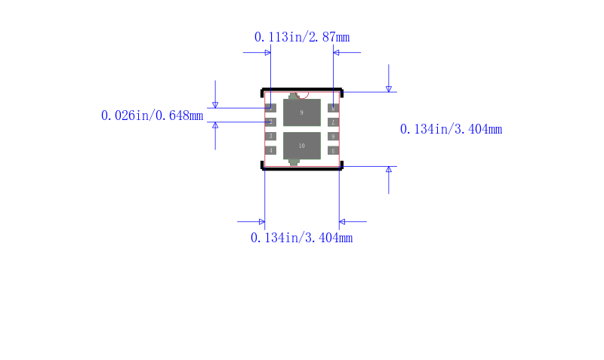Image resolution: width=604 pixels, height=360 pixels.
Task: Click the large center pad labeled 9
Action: click(x=302, y=112)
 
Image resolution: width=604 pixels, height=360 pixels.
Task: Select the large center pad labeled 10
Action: click(x=302, y=145)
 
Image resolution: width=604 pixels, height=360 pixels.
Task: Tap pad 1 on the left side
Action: click(x=270, y=108)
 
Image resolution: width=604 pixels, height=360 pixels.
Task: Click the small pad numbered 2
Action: click(x=270, y=122)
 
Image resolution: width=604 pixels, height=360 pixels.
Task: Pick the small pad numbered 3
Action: click(x=270, y=137)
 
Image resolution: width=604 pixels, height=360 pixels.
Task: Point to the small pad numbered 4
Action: click(x=270, y=150)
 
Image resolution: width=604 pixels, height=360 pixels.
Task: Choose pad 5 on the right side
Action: click(x=333, y=150)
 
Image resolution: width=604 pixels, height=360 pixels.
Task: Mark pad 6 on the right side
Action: click(x=333, y=137)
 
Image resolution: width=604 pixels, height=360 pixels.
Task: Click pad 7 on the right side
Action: click(x=333, y=122)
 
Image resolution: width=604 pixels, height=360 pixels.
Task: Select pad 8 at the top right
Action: click(x=333, y=108)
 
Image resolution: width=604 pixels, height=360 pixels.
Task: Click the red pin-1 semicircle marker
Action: click(x=304, y=96)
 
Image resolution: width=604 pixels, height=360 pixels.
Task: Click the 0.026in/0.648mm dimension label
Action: click(x=152, y=115)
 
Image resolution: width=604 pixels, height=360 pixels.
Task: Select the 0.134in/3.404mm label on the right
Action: click(x=451, y=129)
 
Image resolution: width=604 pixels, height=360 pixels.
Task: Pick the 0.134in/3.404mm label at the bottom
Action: click(x=302, y=238)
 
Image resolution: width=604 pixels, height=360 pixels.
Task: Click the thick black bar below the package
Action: click(x=302, y=169)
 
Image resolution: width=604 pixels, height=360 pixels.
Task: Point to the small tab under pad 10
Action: click(x=294, y=162)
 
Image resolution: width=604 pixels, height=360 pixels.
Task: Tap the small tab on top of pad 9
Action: click(x=294, y=96)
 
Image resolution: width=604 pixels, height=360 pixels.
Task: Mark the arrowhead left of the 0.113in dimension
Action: click(x=267, y=53)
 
